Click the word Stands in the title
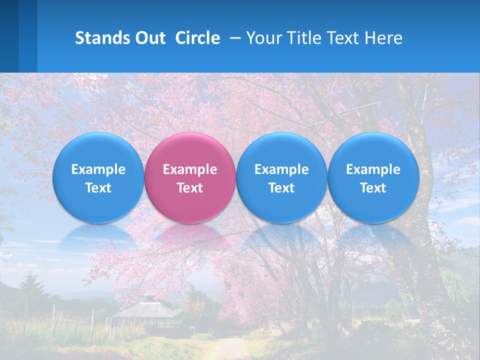103,38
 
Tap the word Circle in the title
197,38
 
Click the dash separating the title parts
233,38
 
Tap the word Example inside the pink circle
190,169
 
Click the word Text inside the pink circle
190,188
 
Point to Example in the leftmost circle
98,169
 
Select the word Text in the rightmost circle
373,188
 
